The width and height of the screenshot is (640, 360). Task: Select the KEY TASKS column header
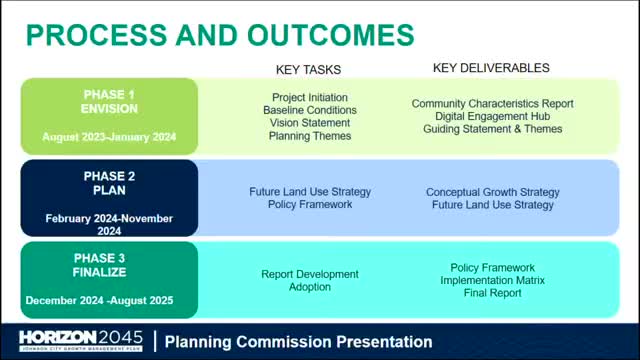(309, 70)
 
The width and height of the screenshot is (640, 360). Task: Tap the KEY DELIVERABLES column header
(491, 68)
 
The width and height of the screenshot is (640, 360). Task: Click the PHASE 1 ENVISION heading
(110, 102)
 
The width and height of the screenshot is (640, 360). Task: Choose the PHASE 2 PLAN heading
(110, 184)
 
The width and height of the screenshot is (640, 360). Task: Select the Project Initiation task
(310, 97)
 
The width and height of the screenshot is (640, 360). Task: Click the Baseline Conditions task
(310, 110)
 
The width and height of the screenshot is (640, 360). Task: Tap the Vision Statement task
(310, 123)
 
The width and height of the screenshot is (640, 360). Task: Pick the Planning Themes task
(310, 136)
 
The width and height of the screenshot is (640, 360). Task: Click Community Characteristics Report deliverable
(492, 104)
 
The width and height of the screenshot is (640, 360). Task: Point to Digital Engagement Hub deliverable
(492, 117)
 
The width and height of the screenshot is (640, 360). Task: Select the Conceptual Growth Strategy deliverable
(492, 192)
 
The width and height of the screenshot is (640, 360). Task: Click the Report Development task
(310, 274)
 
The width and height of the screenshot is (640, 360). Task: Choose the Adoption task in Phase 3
(310, 287)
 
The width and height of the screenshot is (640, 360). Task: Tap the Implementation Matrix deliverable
(493, 281)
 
